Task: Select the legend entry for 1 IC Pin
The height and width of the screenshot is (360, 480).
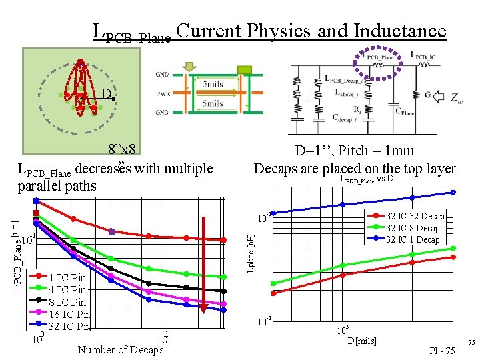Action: click(67, 277)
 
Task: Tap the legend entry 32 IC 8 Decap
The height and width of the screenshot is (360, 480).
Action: click(413, 228)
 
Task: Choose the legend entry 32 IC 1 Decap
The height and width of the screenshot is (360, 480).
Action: click(413, 239)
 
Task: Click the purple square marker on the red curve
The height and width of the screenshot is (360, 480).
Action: click(112, 232)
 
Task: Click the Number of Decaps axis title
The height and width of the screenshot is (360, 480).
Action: click(121, 350)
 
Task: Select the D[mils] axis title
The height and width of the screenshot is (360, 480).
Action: click(363, 341)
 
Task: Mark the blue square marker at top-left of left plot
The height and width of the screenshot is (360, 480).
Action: click(37, 201)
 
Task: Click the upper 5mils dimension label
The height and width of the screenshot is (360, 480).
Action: click(213, 85)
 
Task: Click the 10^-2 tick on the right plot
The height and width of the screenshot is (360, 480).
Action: click(265, 323)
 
